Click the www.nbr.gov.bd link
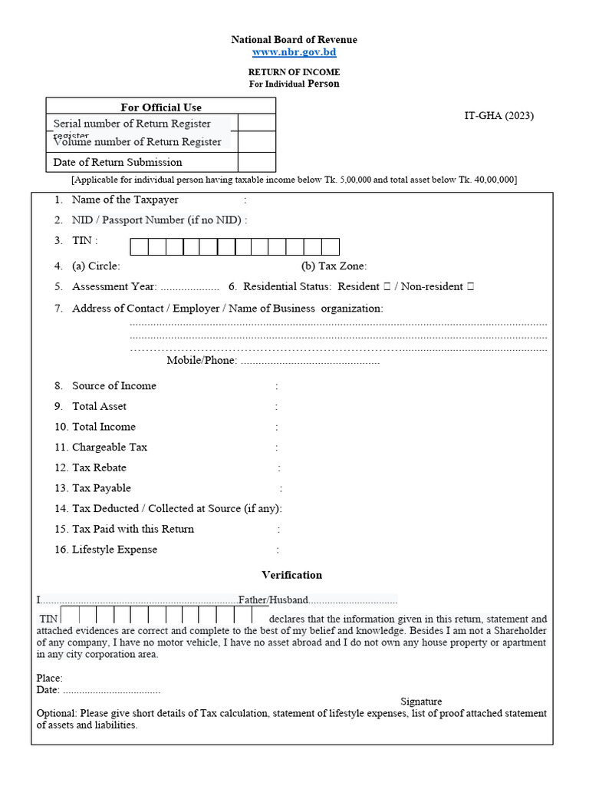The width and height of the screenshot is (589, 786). tap(294, 52)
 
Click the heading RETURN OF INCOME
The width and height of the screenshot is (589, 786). tap(294, 72)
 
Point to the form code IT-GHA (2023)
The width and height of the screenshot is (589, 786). tap(499, 116)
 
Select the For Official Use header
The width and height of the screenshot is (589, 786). tap(161, 107)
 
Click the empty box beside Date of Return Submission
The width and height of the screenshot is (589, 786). tap(256, 162)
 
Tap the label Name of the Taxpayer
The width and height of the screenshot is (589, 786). tap(125, 200)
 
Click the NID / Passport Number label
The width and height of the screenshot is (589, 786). tap(157, 220)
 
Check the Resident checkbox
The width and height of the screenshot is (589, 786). tap(387, 287)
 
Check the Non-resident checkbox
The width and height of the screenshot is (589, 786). tap(470, 287)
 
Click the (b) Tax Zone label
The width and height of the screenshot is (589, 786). tap(334, 266)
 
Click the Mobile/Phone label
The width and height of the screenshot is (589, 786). tap(202, 361)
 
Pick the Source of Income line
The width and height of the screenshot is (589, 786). tap(114, 386)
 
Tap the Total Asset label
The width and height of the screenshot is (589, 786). tap(99, 406)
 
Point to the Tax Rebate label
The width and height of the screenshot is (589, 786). tap(99, 467)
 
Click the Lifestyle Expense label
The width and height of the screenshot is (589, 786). tap(114, 550)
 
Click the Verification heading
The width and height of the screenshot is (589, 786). tap(291, 575)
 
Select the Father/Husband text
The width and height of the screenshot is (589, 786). tap(273, 600)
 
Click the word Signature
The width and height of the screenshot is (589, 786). tap(421, 702)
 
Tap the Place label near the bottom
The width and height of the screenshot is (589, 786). tap(49, 679)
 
